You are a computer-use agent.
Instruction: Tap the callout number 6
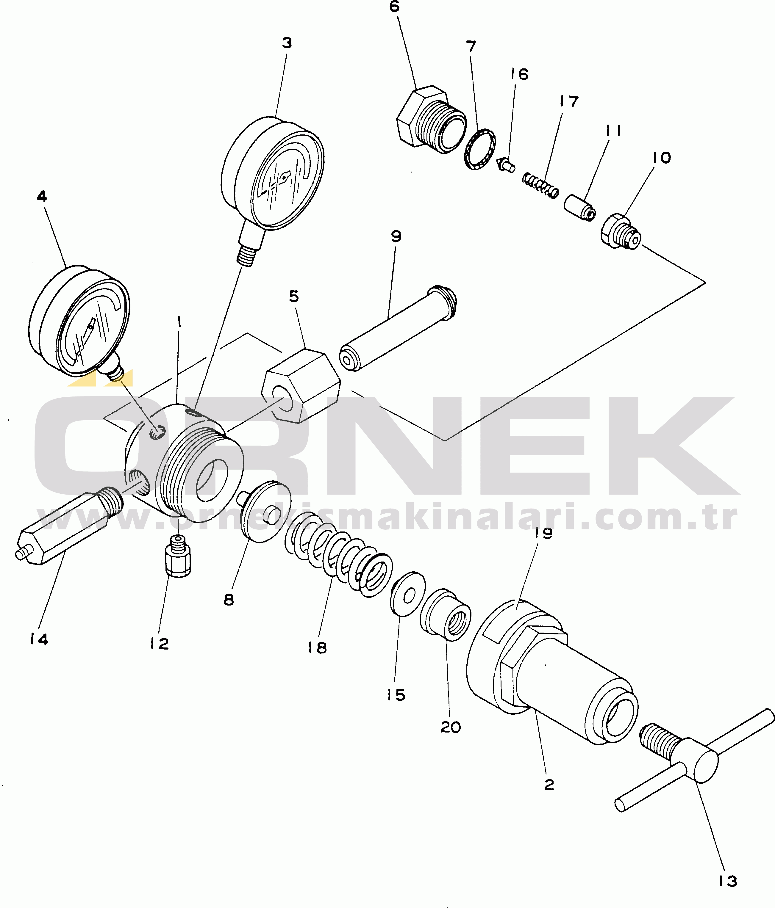[394, 7]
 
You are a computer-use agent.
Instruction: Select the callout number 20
[450, 727]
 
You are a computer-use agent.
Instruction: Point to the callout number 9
[396, 237]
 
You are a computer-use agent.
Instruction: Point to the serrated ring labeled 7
[480, 149]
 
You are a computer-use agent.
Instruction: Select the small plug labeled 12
[178, 557]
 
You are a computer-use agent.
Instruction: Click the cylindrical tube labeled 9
[398, 328]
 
